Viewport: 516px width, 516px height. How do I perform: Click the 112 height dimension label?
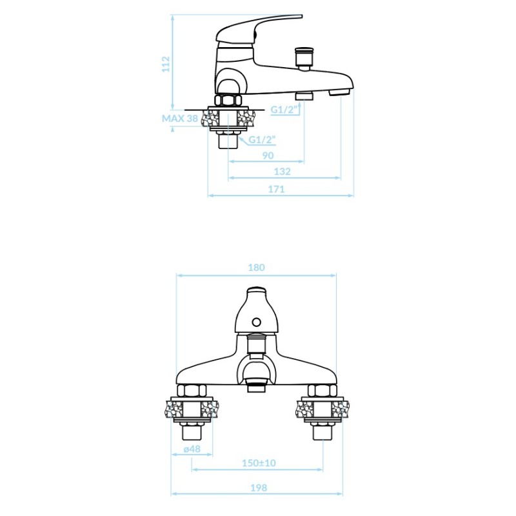pyautogui.click(x=166, y=64)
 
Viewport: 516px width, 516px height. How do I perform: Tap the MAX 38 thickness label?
pyautogui.click(x=180, y=119)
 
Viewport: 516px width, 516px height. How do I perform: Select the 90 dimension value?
pyautogui.click(x=268, y=155)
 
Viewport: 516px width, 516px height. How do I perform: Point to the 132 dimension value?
pyautogui.click(x=283, y=172)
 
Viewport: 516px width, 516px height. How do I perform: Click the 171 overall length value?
pyautogui.click(x=276, y=189)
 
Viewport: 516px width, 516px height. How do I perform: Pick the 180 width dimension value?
pyautogui.click(x=256, y=267)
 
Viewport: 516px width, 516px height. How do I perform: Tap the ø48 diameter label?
pyautogui.click(x=192, y=449)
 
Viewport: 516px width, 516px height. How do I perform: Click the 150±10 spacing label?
pyautogui.click(x=259, y=463)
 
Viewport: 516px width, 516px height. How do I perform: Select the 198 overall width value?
pyautogui.click(x=259, y=488)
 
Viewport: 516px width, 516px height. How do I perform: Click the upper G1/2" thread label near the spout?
pyautogui.click(x=284, y=110)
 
